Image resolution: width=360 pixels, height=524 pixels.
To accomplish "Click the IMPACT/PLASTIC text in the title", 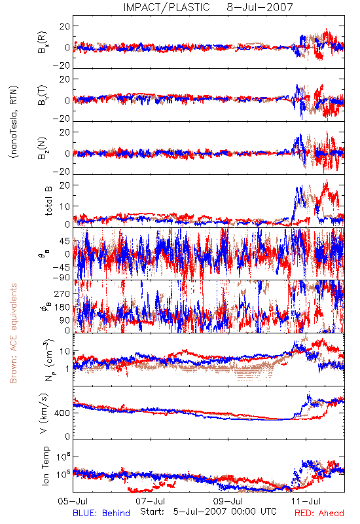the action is [x=167, y=7].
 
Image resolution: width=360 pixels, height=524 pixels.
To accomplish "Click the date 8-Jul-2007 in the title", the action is [x=260, y=7].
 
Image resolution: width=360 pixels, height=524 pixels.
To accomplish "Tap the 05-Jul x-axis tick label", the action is [x=73, y=501].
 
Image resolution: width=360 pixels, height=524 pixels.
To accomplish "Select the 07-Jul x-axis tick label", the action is [x=151, y=501].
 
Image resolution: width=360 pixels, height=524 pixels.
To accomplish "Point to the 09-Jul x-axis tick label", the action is [x=228, y=501].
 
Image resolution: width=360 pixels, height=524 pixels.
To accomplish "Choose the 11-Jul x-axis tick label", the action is [x=306, y=501].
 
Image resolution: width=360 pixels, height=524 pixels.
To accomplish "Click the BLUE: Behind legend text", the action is [x=101, y=513].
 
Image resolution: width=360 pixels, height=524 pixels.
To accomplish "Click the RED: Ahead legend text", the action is [x=319, y=513].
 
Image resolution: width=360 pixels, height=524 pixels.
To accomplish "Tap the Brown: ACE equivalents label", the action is [x=13, y=333].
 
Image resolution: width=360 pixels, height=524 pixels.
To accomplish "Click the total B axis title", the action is [x=48, y=201].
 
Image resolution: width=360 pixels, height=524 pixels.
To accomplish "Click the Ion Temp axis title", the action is [x=45, y=466].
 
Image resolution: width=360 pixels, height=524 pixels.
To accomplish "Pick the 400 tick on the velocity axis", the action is [x=62, y=413].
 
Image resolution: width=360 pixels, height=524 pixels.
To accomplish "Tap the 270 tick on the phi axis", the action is [x=62, y=294].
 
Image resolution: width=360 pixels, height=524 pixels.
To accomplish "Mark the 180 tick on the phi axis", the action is [x=62, y=307].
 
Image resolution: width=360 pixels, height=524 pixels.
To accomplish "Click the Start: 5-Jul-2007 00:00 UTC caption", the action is [x=208, y=512].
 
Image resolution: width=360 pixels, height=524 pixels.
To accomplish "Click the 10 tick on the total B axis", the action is [x=65, y=206].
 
